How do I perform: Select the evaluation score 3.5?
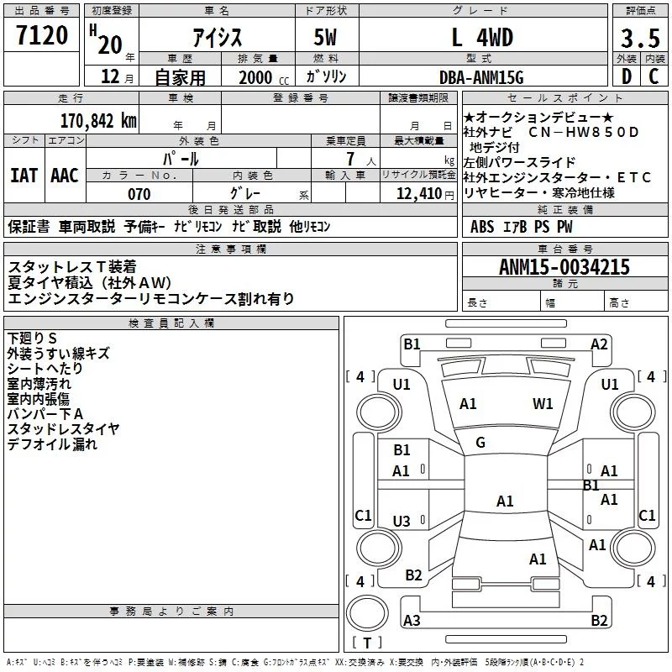(638, 38)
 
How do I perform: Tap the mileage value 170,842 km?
(97, 120)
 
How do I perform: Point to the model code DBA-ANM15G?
(481, 77)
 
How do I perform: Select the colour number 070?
(139, 194)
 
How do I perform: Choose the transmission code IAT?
(24, 175)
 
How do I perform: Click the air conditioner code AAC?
(65, 175)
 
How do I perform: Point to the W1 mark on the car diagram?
(543, 404)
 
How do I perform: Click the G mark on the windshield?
(480, 443)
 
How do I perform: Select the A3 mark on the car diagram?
(412, 621)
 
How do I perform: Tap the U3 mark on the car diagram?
(402, 522)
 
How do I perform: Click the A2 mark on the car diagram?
(599, 344)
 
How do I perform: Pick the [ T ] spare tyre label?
(367, 643)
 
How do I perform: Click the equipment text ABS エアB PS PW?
(522, 226)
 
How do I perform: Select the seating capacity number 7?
(348, 159)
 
